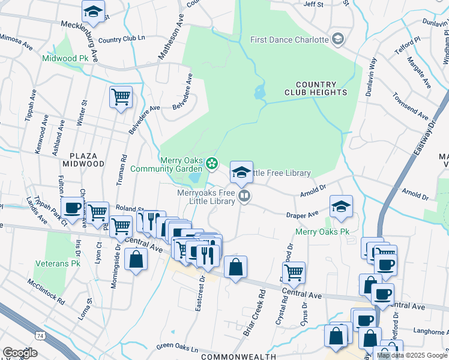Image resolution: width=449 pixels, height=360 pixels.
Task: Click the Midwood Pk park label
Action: click(65, 58)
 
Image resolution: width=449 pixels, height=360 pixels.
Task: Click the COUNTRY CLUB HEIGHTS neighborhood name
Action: click(321, 88)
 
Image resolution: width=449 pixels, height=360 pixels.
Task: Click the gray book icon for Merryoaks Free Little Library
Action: click(244, 196)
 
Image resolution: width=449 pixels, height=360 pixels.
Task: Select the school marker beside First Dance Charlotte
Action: click(338, 40)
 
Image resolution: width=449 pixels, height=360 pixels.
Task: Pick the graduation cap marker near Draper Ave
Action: click(340, 206)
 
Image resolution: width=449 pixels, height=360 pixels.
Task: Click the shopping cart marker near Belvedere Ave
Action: click(121, 96)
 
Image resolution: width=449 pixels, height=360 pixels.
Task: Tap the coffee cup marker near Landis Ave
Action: click(73, 208)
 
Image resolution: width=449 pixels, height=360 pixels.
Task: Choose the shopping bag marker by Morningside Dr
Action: click(136, 259)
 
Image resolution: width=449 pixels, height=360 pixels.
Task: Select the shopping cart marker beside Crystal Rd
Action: click(294, 272)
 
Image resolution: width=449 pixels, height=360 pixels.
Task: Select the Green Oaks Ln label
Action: click(177, 347)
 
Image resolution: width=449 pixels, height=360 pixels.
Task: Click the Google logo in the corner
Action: click(20, 352)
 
